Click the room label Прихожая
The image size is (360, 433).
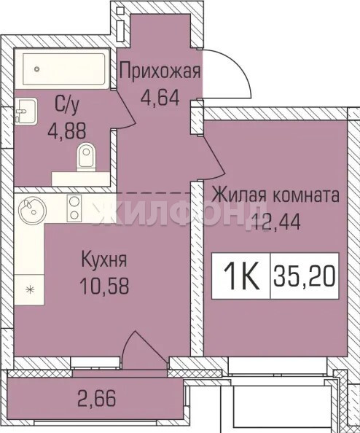[160, 71]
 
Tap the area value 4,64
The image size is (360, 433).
[160, 97]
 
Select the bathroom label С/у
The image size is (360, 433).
[67, 105]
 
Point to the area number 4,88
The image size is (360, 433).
[67, 130]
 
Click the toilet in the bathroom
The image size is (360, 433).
[86, 157]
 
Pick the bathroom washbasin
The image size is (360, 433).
[26, 112]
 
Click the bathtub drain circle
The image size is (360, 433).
[36, 69]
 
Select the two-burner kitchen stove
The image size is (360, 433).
[74, 208]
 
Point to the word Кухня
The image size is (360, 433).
[104, 260]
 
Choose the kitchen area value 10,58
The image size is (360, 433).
[104, 285]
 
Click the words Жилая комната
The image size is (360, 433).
[275, 195]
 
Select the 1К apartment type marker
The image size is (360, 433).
[241, 276]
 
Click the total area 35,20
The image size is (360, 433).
[305, 276]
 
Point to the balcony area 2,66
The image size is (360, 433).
[96, 398]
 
